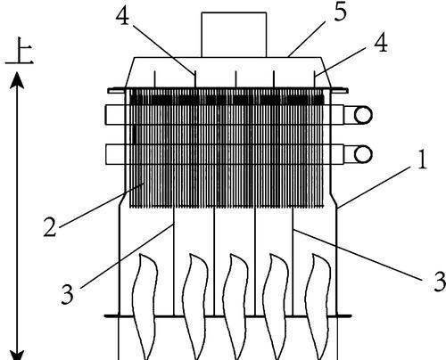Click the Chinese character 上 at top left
20,51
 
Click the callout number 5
341,12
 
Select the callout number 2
50,227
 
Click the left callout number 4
122,16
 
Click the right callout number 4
381,43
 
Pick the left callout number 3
67,294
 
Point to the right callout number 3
440,281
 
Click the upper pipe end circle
363,115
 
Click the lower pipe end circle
363,154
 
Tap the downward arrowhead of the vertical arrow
17,355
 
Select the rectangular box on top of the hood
234,35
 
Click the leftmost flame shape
145,306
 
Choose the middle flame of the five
235,306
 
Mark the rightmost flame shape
318,306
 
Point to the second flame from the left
194,306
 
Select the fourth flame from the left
276,306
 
